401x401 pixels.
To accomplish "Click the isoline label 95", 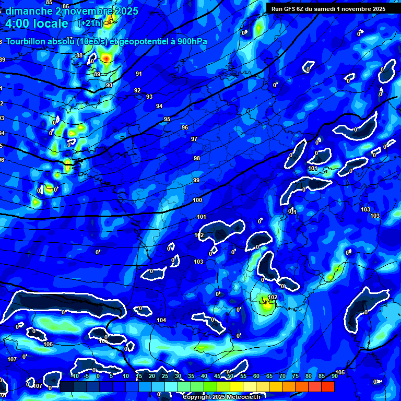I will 167,120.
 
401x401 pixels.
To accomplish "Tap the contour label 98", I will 197,158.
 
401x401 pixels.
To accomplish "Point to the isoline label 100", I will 197,200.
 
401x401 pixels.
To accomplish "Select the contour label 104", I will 161,320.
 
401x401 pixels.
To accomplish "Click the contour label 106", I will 48,344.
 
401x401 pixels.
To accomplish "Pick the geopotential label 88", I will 79,55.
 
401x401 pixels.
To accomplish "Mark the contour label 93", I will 149,97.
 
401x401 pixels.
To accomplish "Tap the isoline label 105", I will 340,372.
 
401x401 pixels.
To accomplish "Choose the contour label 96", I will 185,127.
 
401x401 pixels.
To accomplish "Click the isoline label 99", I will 196,180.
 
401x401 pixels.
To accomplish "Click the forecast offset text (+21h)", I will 90,23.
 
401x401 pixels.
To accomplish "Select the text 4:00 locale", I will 37,23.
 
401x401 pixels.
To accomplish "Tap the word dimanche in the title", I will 26,11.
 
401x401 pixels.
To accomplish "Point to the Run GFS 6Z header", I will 292,9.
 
